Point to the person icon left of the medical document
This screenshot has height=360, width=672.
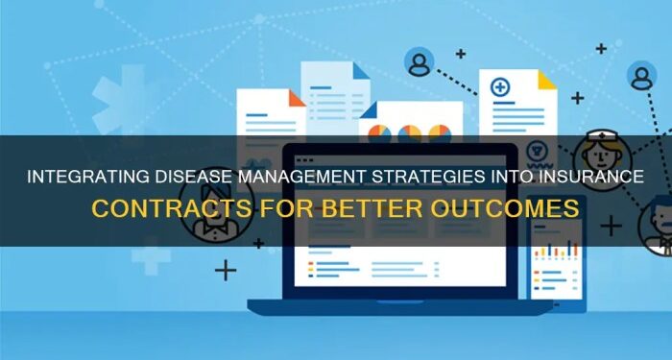tap(419, 63)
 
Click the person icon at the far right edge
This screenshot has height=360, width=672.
tap(641, 76)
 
